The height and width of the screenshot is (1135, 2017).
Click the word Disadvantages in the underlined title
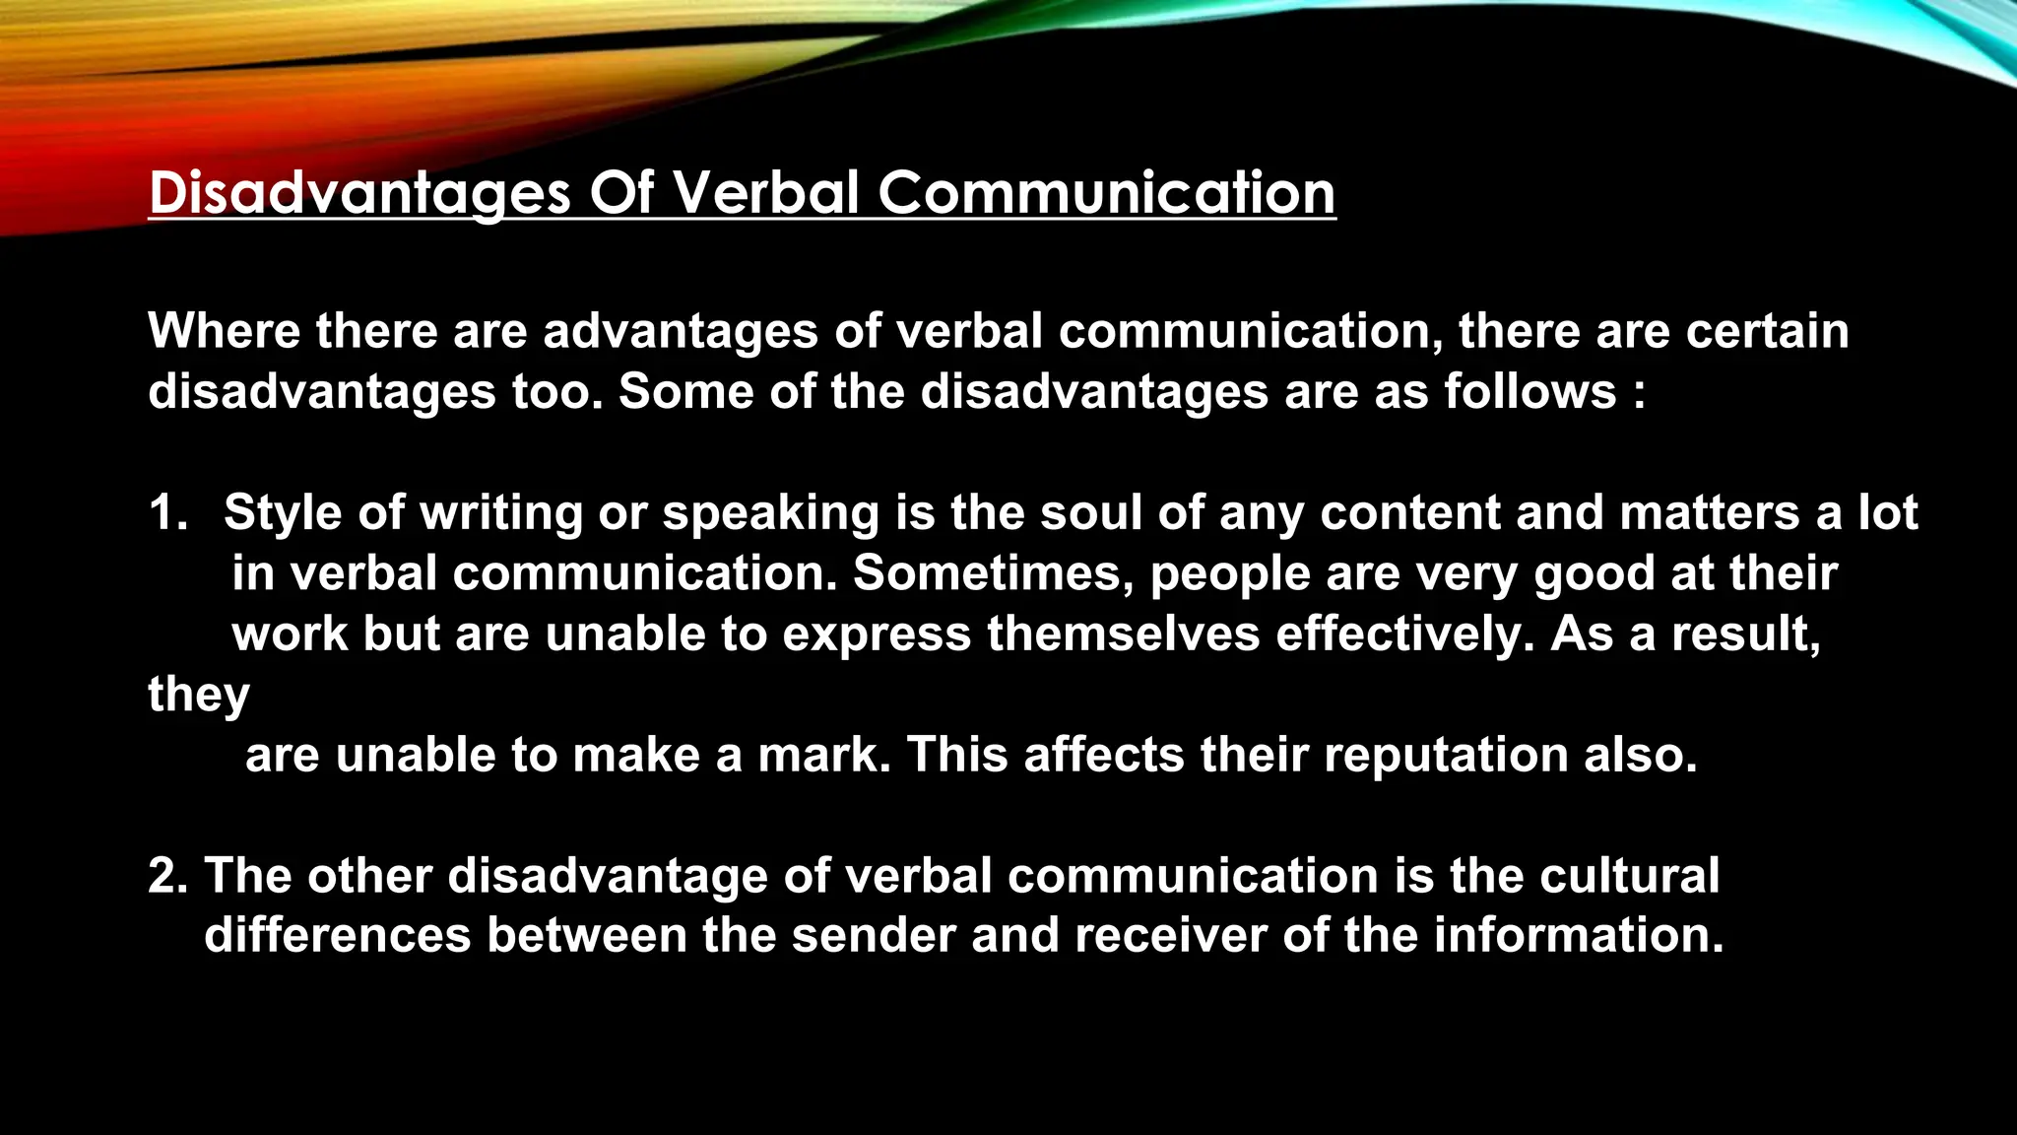(358, 192)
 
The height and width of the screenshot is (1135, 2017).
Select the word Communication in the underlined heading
(1106, 192)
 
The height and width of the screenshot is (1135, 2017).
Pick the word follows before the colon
(1529, 391)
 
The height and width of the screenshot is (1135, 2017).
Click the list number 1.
(166, 513)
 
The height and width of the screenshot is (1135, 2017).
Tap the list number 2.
(166, 876)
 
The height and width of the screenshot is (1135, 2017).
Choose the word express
(877, 634)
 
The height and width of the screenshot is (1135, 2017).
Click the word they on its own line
(199, 695)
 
